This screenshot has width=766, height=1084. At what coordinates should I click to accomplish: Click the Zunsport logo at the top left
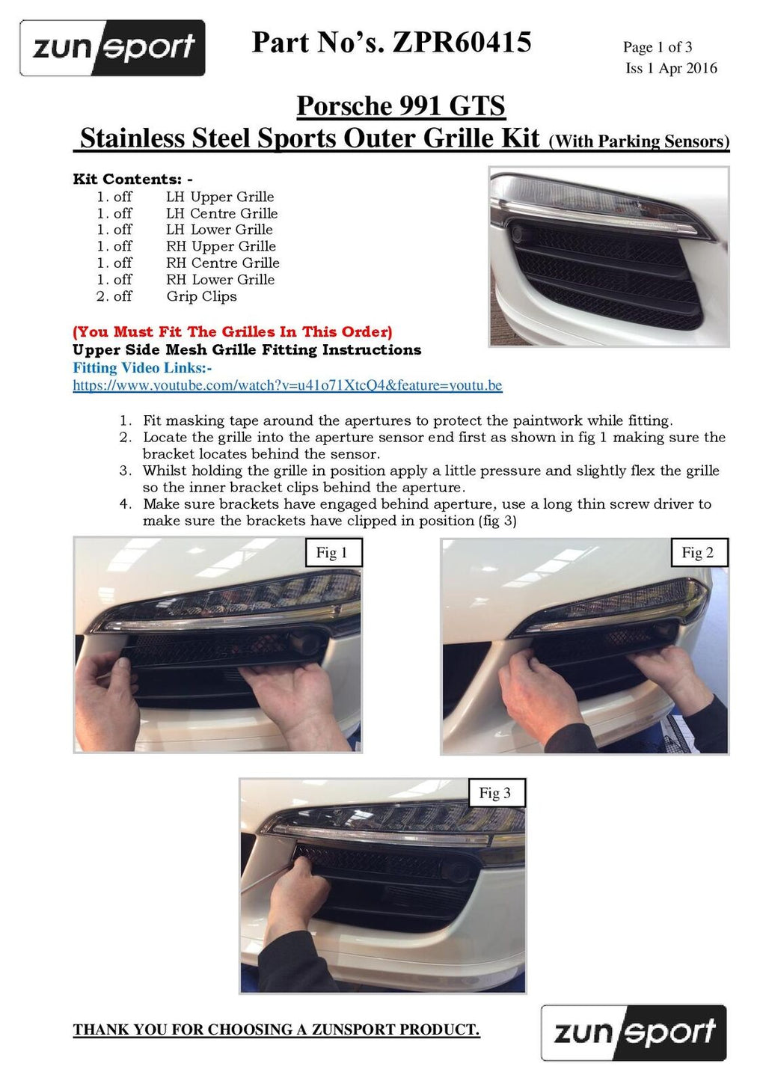tap(112, 48)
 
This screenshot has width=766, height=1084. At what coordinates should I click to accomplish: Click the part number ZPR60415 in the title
tap(462, 42)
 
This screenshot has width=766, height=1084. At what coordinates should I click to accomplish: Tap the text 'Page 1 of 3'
tap(657, 47)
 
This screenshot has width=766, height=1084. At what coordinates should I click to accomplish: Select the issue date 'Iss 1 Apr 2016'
tap(671, 68)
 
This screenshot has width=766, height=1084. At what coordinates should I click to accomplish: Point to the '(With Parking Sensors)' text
tap(640, 141)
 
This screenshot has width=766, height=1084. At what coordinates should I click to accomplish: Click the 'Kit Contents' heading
tap(132, 179)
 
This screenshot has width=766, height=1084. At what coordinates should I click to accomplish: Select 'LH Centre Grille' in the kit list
tap(222, 213)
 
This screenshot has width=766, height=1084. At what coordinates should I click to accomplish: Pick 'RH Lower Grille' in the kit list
tap(221, 280)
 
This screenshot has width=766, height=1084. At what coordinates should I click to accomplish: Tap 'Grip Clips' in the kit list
tap(202, 296)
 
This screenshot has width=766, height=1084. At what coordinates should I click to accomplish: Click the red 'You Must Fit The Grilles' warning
tap(232, 332)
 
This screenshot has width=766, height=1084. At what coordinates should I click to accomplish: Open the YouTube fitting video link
tap(287, 386)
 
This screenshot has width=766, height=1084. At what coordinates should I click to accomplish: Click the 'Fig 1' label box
tap(334, 553)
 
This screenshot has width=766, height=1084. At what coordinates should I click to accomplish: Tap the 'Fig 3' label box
tap(497, 793)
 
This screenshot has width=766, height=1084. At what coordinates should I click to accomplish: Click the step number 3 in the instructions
tap(126, 471)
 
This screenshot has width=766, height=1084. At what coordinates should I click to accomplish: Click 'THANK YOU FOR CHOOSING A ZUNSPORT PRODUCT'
tap(276, 1029)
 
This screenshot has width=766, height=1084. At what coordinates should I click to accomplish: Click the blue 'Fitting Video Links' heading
tap(142, 368)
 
